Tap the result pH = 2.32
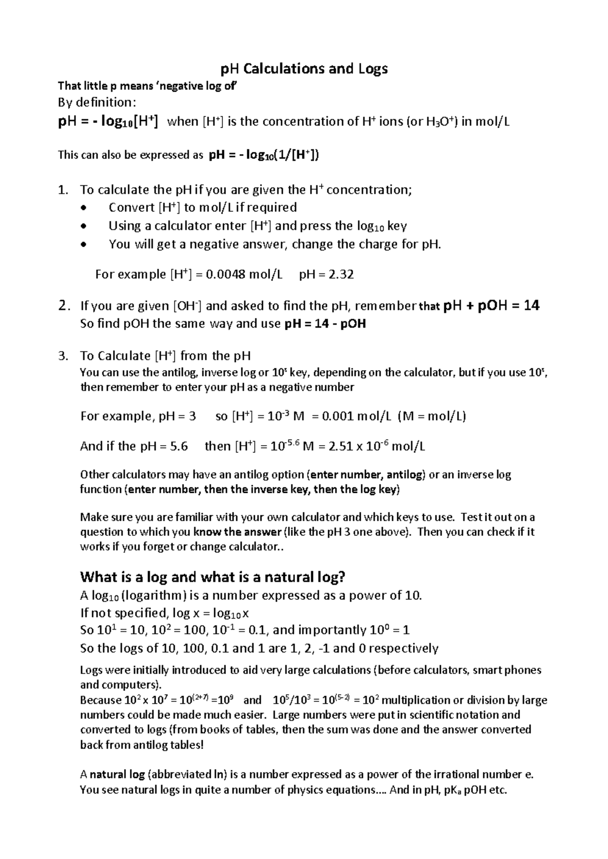[326, 275]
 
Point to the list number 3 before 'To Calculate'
[62, 356]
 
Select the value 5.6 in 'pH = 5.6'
[179, 446]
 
